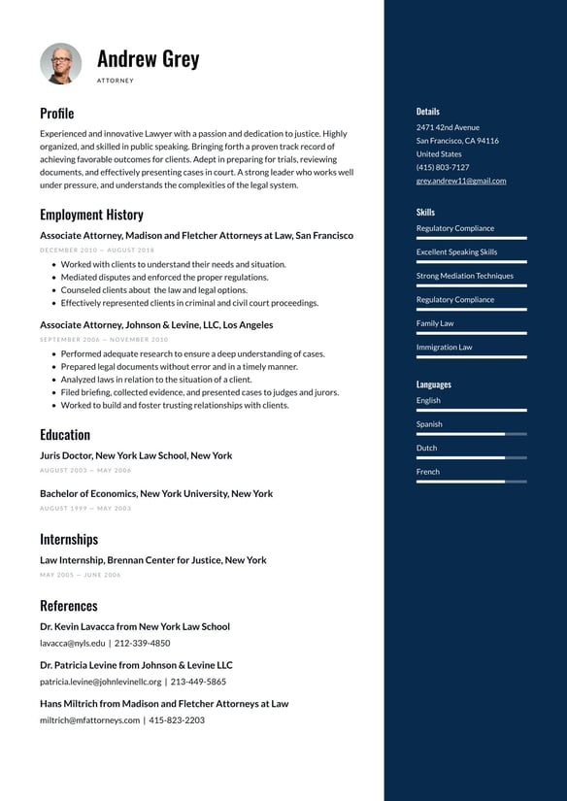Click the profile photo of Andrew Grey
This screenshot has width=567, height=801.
tap(61, 63)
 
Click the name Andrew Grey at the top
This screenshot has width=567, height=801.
tap(148, 58)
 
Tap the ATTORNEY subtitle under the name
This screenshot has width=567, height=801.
tap(116, 81)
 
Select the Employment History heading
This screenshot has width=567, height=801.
tap(91, 215)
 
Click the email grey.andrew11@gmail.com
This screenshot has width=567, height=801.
tap(461, 181)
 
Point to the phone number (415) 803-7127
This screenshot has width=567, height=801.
tap(443, 167)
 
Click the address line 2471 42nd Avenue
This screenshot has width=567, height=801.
tap(448, 127)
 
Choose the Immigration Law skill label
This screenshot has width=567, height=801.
tap(444, 347)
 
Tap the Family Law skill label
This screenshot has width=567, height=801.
tap(435, 323)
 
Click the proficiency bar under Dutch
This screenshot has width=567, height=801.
tap(471, 457)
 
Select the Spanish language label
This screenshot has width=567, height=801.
tap(429, 424)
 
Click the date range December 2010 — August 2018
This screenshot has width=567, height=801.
tap(97, 250)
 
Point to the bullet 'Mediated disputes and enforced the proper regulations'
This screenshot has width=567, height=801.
tap(164, 277)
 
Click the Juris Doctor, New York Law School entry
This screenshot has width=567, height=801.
tap(136, 455)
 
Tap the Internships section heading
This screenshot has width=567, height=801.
tap(69, 539)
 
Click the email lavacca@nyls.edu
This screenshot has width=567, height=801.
tap(73, 643)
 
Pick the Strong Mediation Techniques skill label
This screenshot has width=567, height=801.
tap(464, 276)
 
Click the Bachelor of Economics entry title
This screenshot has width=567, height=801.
tap(156, 493)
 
